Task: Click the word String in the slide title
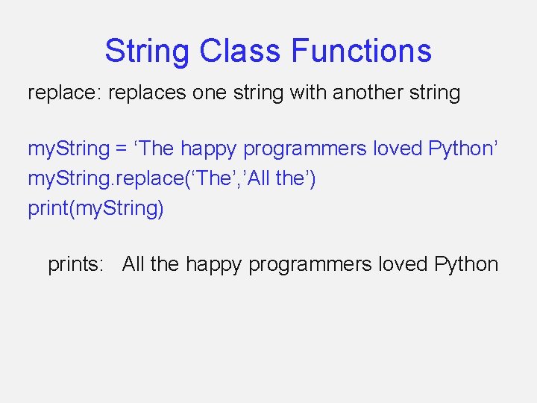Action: tap(147, 51)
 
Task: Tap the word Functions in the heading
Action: tap(361, 51)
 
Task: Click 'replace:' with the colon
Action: tap(65, 93)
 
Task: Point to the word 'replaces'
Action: tap(147, 93)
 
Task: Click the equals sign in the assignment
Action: tap(121, 149)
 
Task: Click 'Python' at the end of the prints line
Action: tap(466, 264)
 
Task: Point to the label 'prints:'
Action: tap(75, 264)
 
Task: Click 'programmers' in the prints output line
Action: tap(310, 264)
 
